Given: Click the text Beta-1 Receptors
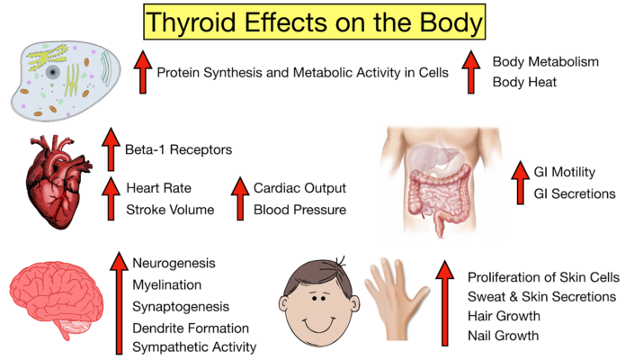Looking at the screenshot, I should point(179,148).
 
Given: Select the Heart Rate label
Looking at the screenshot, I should point(158,189).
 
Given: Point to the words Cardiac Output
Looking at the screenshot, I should point(299,189).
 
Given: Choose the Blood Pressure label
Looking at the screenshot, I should point(299,211).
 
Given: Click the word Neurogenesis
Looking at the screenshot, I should point(174,264).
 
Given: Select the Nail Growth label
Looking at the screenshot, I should point(503,336).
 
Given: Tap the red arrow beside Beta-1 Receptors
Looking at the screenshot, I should point(111,149).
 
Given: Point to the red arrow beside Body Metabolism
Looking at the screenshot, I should point(469,72).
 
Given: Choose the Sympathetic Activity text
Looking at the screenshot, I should point(194,346).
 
